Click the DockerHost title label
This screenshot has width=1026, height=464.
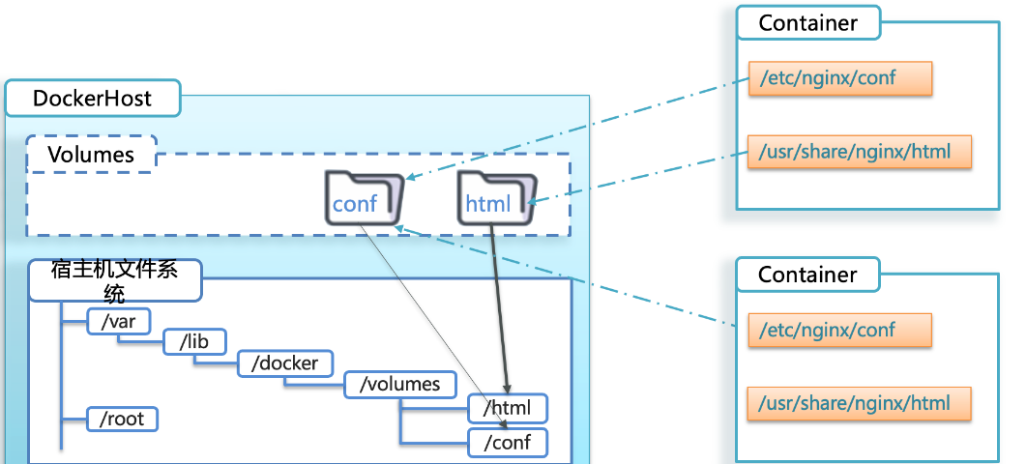click(x=92, y=98)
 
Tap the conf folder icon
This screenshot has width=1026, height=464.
click(x=364, y=198)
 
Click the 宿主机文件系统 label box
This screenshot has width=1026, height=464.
click(x=114, y=280)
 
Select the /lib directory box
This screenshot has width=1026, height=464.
click(x=194, y=342)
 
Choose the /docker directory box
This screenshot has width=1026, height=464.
click(x=284, y=363)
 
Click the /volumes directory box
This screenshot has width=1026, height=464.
click(x=399, y=384)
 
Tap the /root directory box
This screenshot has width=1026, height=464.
click(x=122, y=420)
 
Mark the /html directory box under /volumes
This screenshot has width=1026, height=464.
click(x=507, y=407)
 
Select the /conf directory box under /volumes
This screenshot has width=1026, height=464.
click(x=507, y=443)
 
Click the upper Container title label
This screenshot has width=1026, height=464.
click(x=807, y=23)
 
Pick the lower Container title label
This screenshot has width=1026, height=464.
click(x=807, y=275)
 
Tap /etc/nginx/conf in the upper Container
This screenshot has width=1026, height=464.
click(x=839, y=79)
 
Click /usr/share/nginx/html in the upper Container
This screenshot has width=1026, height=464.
click(x=859, y=152)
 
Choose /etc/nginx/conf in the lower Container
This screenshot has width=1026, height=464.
click(x=839, y=331)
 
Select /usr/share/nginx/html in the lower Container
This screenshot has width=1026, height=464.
click(x=859, y=403)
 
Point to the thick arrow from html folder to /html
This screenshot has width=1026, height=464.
click(x=500, y=309)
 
